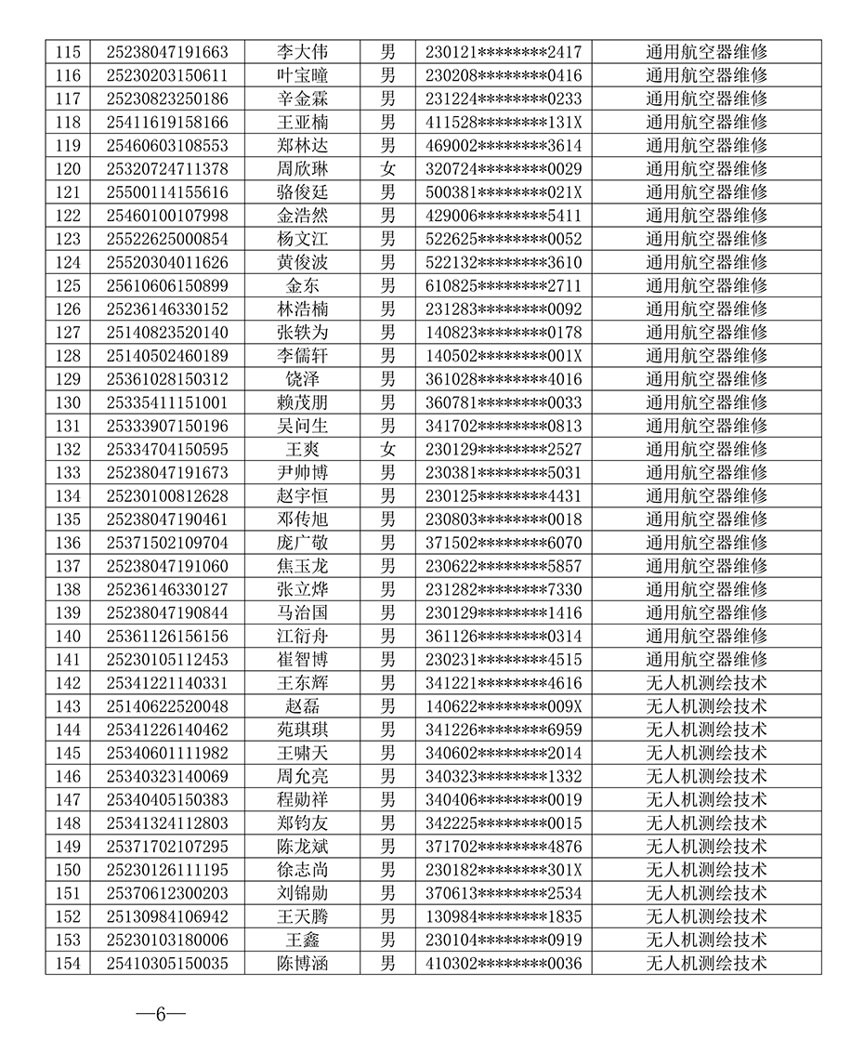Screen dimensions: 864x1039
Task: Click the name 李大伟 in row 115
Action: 302,52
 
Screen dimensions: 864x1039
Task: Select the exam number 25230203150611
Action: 167,75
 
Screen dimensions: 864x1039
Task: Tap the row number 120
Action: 68,169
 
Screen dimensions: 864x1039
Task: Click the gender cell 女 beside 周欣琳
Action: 387,169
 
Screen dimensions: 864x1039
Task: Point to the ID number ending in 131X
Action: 504,123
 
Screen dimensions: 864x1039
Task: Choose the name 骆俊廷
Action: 302,192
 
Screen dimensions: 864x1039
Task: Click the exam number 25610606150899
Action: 167,285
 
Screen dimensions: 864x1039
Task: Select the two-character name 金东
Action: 302,285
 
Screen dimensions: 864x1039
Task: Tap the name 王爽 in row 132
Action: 302,449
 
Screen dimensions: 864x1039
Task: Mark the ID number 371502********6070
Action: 504,543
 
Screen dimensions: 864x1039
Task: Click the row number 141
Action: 68,659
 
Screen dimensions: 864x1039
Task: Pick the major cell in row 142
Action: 706,683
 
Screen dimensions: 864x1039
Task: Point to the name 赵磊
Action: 302,706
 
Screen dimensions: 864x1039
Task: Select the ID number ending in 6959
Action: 504,730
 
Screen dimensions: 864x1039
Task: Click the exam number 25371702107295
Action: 167,847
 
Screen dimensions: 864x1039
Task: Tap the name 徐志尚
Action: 302,870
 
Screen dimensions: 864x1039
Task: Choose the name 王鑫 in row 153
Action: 302,940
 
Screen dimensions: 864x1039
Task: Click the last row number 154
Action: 68,963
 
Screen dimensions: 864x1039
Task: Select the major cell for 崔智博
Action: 706,659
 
